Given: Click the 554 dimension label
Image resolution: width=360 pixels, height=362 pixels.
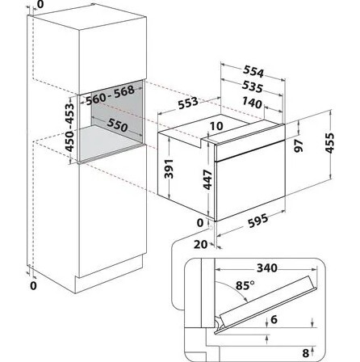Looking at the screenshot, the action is (x=253, y=71).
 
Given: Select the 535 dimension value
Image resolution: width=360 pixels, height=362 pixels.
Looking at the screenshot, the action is (x=253, y=86).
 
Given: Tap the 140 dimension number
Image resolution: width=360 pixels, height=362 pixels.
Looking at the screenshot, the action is (x=252, y=103).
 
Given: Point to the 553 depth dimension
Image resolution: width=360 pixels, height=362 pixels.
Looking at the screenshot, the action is (x=188, y=103).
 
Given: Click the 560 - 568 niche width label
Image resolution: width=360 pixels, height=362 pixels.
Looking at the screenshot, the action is (x=110, y=95).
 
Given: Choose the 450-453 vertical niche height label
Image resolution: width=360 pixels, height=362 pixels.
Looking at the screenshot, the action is (x=70, y=127).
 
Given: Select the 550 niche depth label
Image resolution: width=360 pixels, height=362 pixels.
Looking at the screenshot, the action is (x=117, y=125).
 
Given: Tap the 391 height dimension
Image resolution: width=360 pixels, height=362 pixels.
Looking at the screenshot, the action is (x=169, y=169).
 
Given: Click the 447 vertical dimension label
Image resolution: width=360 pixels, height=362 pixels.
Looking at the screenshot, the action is (x=207, y=179).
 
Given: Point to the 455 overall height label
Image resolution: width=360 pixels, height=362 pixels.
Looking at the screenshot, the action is (x=330, y=143).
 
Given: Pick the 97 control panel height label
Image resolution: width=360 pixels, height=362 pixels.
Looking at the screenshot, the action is (x=299, y=146).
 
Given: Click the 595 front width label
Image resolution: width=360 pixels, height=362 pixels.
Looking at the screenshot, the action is (x=258, y=221).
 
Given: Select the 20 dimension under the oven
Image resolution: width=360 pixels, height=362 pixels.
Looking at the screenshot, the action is (x=201, y=244).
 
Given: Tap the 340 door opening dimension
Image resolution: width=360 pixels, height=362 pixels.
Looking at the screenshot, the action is (x=267, y=268).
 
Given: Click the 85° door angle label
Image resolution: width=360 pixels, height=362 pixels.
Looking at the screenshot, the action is (x=245, y=285).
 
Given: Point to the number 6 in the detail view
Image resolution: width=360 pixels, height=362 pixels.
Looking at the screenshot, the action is (x=274, y=319).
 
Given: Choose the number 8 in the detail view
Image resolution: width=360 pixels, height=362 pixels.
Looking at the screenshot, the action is (x=305, y=352).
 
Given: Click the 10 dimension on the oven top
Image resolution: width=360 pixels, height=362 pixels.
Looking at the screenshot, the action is (x=216, y=126).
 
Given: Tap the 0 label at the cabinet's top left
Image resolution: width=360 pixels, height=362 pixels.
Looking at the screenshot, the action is (x=40, y=5).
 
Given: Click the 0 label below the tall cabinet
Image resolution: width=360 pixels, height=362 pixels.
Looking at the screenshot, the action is (x=33, y=286).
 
